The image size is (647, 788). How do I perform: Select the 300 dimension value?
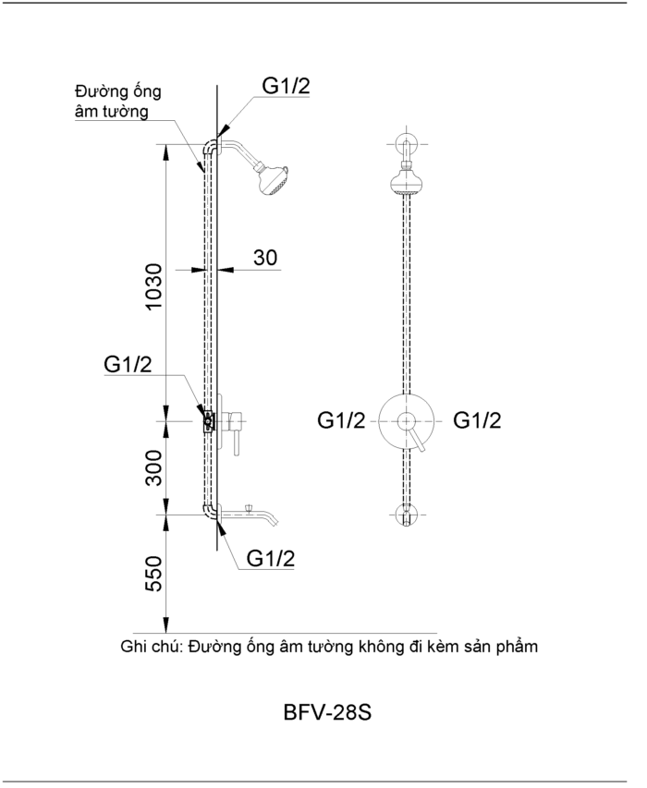tap(154, 467)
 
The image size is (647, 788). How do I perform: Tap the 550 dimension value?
tap(154, 573)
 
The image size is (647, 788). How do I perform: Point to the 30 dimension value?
tap(265, 258)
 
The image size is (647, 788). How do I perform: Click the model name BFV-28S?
tap(328, 714)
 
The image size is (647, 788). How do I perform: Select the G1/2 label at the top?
tap(286, 87)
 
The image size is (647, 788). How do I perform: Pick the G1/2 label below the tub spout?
tap(271, 559)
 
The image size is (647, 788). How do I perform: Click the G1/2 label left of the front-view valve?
tap(342, 421)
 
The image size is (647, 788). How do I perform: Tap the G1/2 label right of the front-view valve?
tap(477, 421)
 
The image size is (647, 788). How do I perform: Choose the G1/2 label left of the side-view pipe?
tap(128, 365)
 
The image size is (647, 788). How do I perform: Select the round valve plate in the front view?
tap(406, 421)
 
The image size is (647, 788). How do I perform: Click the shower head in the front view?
tap(406, 180)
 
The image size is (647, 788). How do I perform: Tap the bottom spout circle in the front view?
tap(406, 513)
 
